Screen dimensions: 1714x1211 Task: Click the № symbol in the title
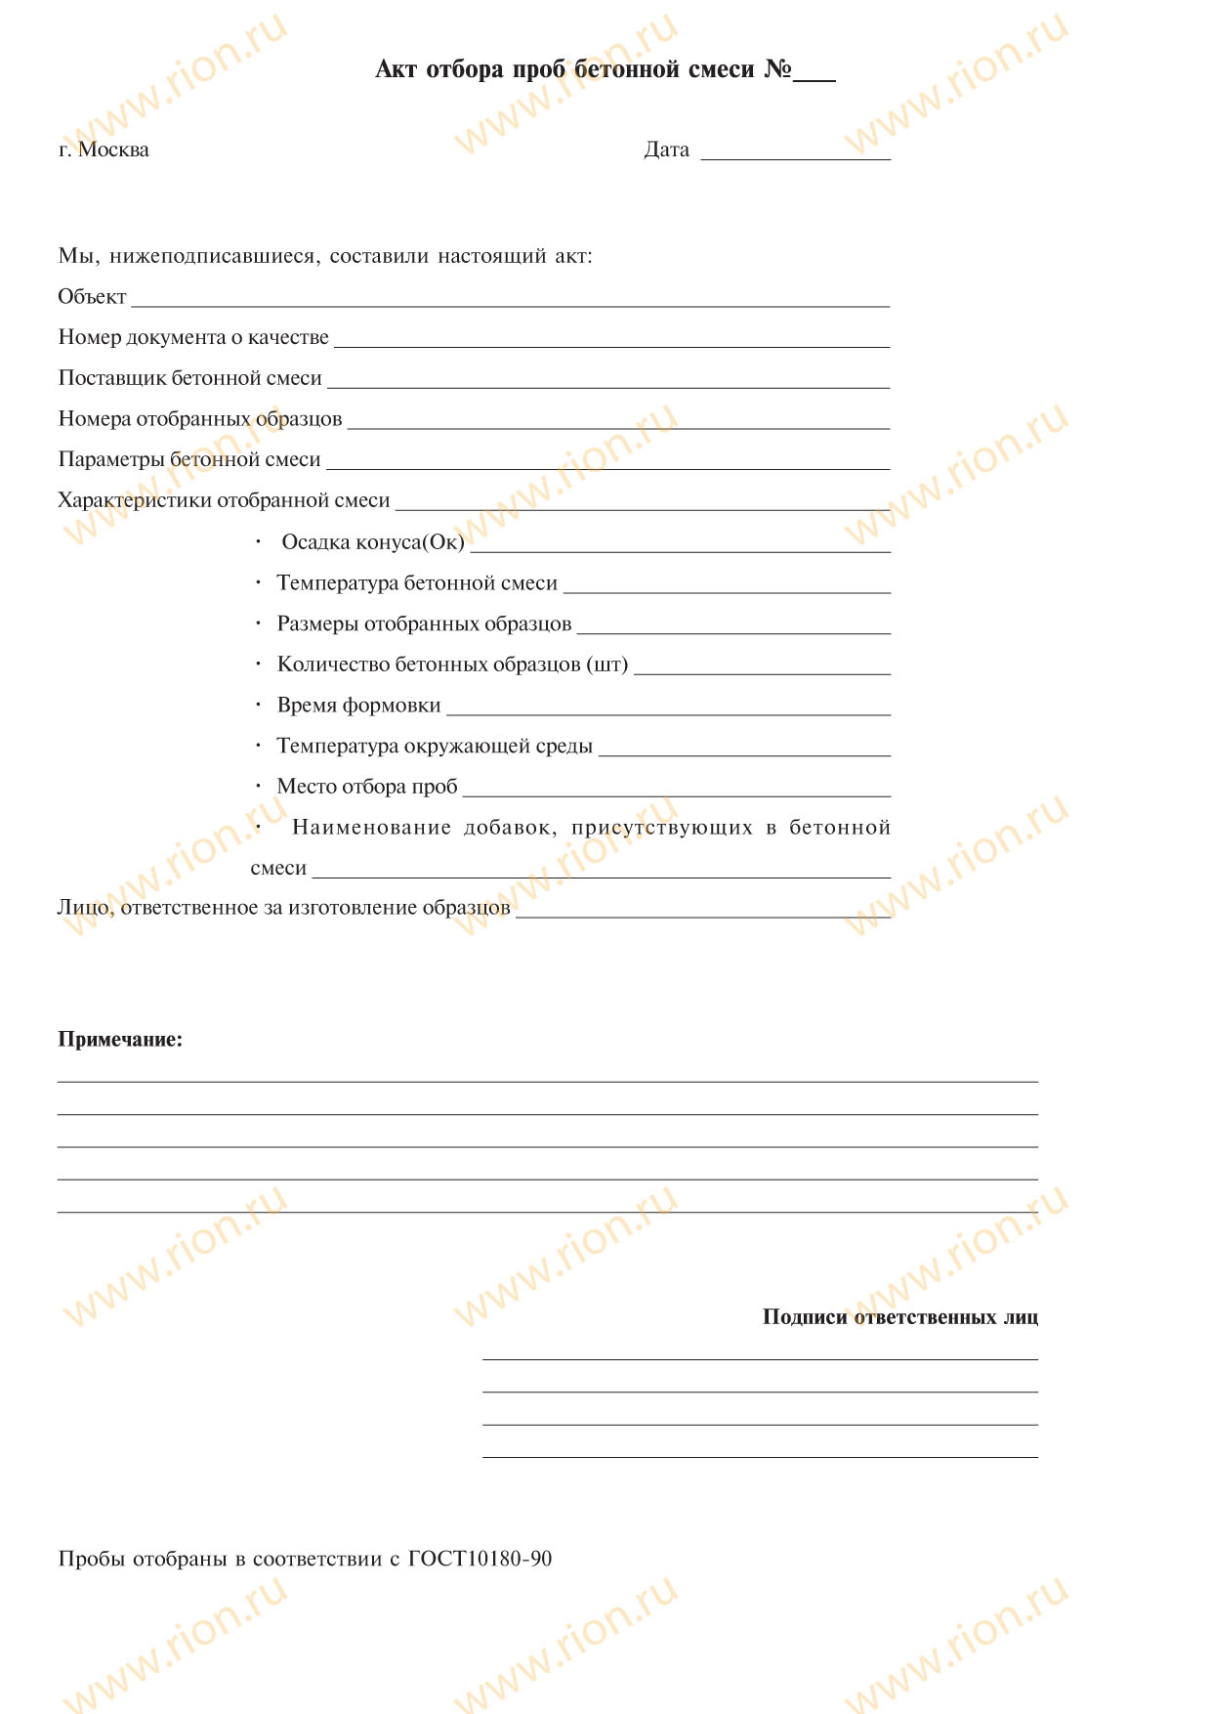[x=777, y=69]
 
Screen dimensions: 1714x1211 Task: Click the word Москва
[x=113, y=150]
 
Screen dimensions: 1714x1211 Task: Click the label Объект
[x=92, y=297]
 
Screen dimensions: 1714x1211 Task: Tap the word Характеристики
[x=134, y=501]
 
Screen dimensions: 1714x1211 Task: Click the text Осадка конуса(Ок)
[x=372, y=542]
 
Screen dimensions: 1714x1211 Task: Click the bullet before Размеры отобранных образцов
[x=259, y=623]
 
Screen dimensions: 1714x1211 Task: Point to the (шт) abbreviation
[x=606, y=665]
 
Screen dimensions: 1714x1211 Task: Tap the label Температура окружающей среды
[x=435, y=747]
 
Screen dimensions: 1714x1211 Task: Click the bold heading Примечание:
[x=120, y=1040]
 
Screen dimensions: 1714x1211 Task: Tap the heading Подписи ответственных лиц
[x=899, y=1317]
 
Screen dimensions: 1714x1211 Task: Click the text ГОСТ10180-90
[x=480, y=1559]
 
